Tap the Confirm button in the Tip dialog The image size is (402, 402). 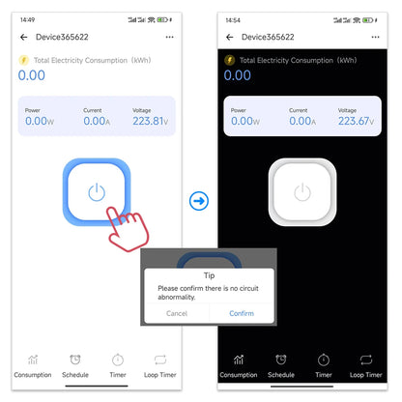(241, 313)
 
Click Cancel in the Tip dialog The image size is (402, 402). (177, 313)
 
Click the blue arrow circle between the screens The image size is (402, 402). (200, 201)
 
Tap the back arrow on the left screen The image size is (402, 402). (23, 37)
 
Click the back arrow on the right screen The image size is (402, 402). (229, 37)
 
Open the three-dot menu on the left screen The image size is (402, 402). (170, 37)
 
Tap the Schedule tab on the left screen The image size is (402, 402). (74, 364)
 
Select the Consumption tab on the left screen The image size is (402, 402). (33, 364)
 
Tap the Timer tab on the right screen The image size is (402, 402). (323, 364)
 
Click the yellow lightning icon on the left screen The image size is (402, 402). (24, 59)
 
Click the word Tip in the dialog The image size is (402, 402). (209, 274)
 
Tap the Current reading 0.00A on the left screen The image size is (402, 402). (95, 121)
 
